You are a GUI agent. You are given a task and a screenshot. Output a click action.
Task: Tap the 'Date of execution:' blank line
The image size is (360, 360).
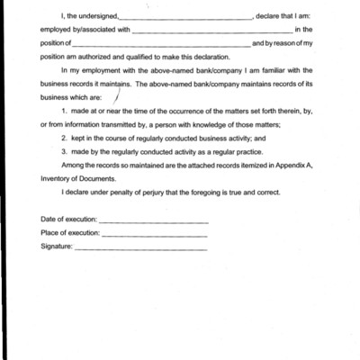click(153, 221)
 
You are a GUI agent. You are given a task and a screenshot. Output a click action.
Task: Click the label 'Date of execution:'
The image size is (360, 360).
click(69, 221)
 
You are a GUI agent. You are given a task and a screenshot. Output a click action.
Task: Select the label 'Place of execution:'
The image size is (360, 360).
click(71, 234)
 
